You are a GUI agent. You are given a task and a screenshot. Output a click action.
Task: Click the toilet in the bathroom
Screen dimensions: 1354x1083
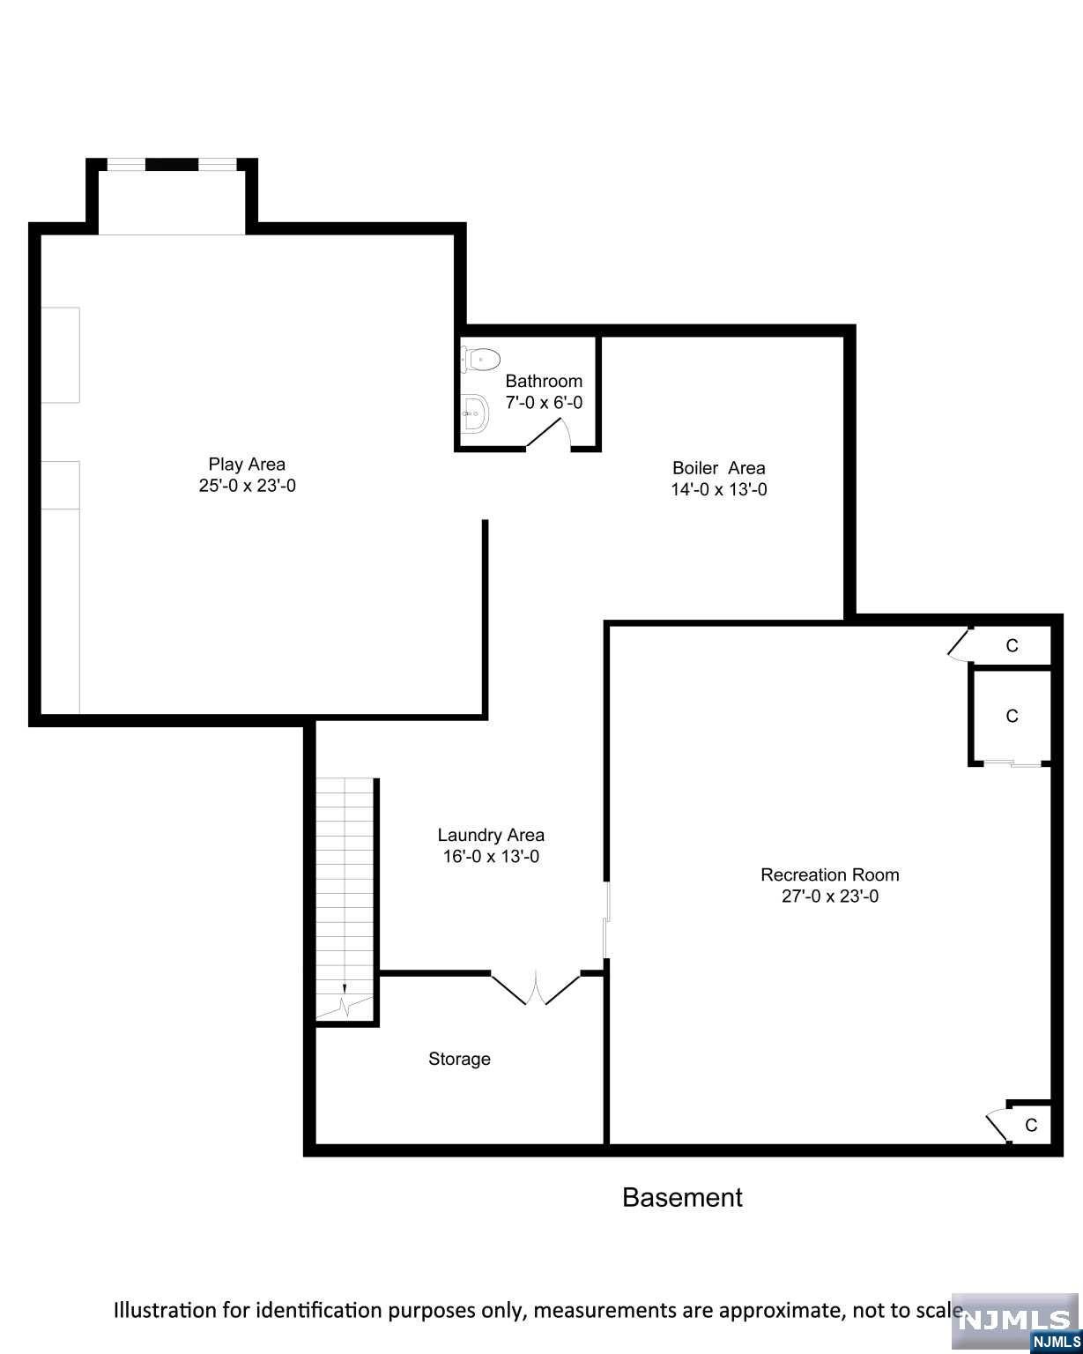click(480, 359)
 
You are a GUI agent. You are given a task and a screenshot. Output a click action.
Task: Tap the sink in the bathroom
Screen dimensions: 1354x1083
click(476, 413)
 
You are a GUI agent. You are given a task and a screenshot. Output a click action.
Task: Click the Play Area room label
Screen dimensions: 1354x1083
click(247, 464)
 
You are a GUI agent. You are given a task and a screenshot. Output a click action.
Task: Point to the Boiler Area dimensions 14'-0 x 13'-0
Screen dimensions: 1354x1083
click(718, 490)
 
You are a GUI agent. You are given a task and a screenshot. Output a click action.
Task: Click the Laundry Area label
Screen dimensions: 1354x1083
click(491, 835)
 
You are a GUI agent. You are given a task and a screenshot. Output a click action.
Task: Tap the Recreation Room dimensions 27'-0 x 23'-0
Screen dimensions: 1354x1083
click(830, 897)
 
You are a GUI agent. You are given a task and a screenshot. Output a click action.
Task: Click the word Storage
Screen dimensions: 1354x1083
click(459, 1059)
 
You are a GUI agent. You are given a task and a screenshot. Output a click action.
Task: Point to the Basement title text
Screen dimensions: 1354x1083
click(682, 1197)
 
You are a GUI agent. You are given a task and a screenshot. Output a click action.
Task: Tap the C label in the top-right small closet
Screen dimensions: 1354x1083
click(1012, 646)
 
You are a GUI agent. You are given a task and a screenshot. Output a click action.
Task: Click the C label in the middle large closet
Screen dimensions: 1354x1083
click(1012, 716)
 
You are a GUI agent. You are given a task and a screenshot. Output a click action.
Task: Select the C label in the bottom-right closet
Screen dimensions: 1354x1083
click(1031, 1125)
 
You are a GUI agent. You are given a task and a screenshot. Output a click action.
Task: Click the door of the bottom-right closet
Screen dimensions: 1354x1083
click(998, 1123)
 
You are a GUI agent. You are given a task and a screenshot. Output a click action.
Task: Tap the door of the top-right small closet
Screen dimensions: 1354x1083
click(959, 644)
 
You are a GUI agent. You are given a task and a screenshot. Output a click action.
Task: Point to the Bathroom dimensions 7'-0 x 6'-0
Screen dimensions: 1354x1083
click(544, 403)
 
